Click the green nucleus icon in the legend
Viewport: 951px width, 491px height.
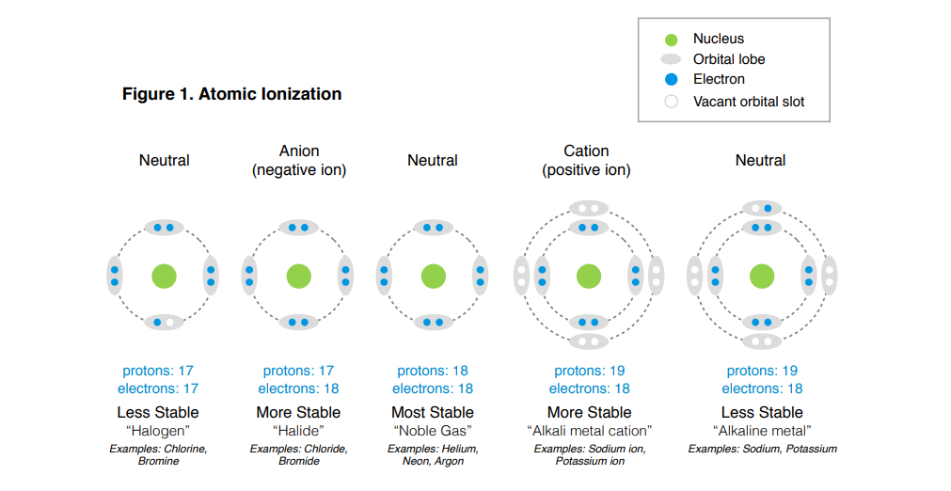click(671, 40)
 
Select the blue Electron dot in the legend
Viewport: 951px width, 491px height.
click(671, 80)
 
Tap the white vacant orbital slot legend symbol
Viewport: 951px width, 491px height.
click(671, 102)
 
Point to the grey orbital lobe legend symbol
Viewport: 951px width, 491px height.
click(671, 59)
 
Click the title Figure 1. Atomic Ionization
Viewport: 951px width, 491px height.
click(231, 94)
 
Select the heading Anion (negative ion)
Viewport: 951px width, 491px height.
click(299, 161)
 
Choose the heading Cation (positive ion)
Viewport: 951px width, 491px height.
click(586, 161)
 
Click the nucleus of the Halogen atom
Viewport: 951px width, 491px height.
click(165, 276)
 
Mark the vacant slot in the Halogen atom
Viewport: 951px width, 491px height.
click(170, 323)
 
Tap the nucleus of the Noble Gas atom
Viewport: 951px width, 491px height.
click(433, 276)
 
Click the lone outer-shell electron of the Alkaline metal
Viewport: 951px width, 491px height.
click(768, 208)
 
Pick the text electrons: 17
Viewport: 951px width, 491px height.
click(158, 388)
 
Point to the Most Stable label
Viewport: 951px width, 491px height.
click(433, 412)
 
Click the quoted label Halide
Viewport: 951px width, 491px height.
click(298, 431)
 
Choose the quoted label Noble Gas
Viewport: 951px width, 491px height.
click(433, 431)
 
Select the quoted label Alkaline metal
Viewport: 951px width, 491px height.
click(762, 431)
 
